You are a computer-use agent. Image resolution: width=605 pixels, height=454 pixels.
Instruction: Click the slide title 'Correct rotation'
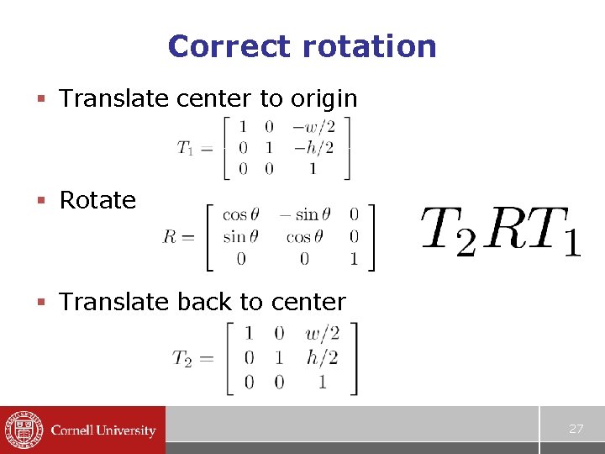pyautogui.click(x=302, y=45)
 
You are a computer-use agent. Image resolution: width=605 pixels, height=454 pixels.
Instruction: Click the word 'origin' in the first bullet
pyautogui.click(x=324, y=98)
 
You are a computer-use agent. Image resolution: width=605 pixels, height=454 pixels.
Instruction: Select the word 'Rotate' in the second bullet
pyautogui.click(x=97, y=200)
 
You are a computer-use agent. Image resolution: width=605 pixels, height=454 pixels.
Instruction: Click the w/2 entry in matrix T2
pyautogui.click(x=322, y=333)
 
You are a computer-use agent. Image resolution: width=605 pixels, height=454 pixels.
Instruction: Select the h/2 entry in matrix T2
pyautogui.click(x=322, y=357)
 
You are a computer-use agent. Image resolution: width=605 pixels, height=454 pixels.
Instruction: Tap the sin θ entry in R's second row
pyautogui.click(x=240, y=237)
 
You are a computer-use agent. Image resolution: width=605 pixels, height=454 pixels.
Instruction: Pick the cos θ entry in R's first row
pyautogui.click(x=240, y=215)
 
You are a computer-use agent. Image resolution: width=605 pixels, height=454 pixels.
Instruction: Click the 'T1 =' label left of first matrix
pyautogui.click(x=194, y=149)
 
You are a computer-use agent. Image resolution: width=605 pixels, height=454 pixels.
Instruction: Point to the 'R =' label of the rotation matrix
pyautogui.click(x=179, y=237)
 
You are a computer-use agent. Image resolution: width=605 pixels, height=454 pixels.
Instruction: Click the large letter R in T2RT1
pyautogui.click(x=502, y=230)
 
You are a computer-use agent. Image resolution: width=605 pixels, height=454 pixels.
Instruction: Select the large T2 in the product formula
pyautogui.click(x=447, y=232)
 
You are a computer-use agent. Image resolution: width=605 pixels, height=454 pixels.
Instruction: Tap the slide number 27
pyautogui.click(x=576, y=429)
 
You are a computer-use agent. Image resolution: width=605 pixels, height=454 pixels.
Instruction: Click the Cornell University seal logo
pyautogui.click(x=22, y=430)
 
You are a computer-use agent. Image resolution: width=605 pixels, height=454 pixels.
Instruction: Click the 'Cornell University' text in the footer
pyautogui.click(x=103, y=430)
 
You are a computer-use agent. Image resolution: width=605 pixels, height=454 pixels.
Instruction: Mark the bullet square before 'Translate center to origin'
pyautogui.click(x=40, y=99)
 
